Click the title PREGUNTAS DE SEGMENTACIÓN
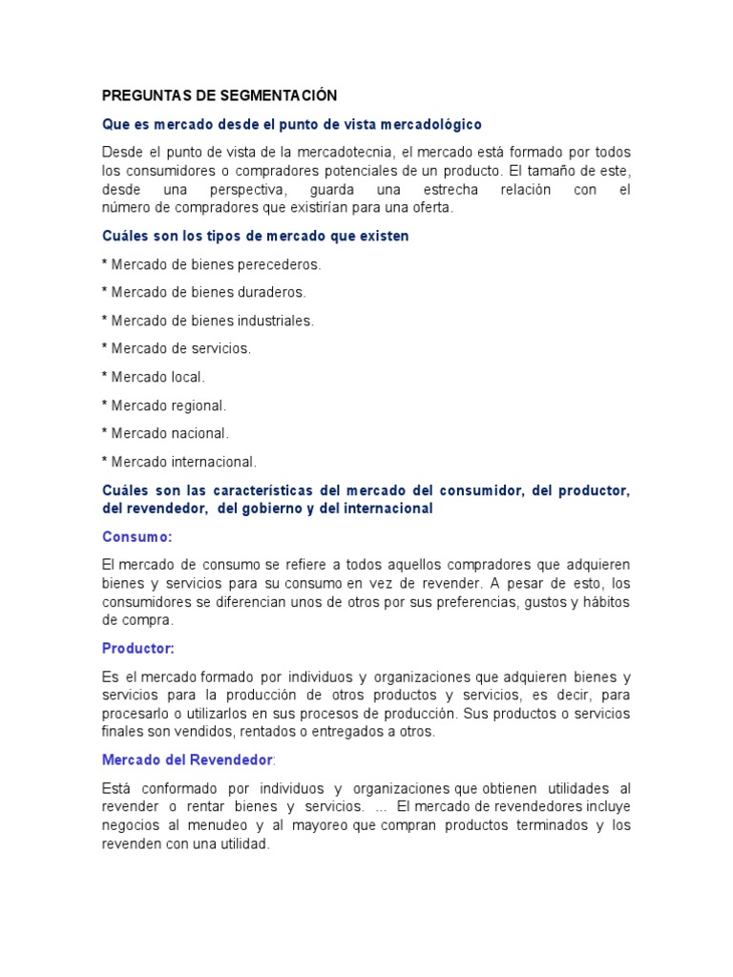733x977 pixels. [x=220, y=95]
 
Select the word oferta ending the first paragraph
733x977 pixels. [x=431, y=207]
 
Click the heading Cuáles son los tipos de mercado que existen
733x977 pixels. [x=256, y=236]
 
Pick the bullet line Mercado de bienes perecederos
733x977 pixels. [x=212, y=264]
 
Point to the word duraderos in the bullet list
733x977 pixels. [x=273, y=292]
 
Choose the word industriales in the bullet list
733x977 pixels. [x=277, y=321]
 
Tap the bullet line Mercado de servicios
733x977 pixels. [x=177, y=348]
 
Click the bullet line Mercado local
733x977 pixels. [x=154, y=377]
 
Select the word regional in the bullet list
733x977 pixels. [x=198, y=405]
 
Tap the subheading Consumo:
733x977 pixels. [x=136, y=537]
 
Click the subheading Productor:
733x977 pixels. [x=138, y=649]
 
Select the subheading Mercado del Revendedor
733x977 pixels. [x=187, y=760]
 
